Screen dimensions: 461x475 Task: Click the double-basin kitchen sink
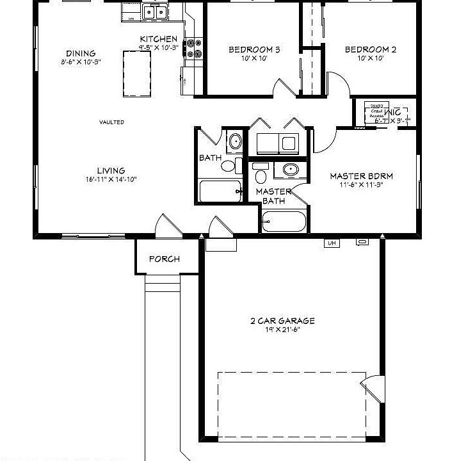(x=155, y=12)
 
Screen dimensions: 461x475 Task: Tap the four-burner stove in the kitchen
(x=194, y=49)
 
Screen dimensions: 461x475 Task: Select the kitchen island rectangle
(x=136, y=73)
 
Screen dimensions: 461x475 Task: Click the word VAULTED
(x=111, y=122)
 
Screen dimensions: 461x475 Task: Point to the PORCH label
(x=165, y=259)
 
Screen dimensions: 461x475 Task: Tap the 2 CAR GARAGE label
(x=282, y=321)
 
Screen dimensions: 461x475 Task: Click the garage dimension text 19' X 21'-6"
(x=282, y=330)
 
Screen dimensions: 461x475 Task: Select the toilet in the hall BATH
(x=228, y=166)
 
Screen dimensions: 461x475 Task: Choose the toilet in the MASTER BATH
(x=260, y=174)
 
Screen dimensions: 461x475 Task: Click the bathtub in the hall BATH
(x=219, y=191)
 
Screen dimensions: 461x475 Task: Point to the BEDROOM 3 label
(x=254, y=49)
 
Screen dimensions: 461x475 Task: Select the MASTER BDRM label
(x=361, y=175)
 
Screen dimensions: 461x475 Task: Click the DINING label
(x=81, y=53)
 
